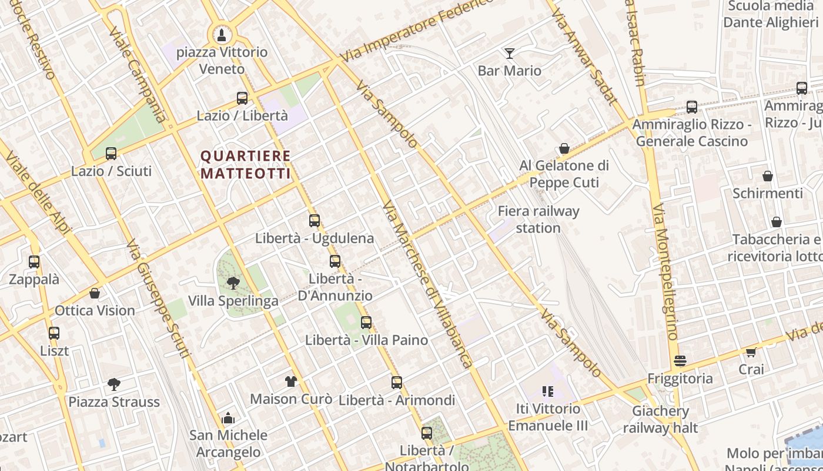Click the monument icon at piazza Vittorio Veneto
(221, 35)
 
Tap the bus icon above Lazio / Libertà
(242, 98)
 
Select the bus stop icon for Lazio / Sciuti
(111, 154)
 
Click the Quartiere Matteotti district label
(246, 165)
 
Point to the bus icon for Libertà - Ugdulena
(315, 221)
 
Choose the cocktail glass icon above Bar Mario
(510, 54)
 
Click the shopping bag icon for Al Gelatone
(564, 148)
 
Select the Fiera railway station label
(538, 219)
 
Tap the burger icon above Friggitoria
(680, 361)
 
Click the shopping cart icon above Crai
(751, 352)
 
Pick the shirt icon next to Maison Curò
(291, 381)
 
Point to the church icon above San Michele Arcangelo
(228, 419)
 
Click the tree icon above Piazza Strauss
(114, 384)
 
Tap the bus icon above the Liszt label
(54, 333)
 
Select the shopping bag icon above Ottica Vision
(95, 293)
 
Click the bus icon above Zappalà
(34, 262)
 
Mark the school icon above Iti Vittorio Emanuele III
(548, 392)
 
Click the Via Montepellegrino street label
(665, 272)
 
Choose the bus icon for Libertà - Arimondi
(397, 383)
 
